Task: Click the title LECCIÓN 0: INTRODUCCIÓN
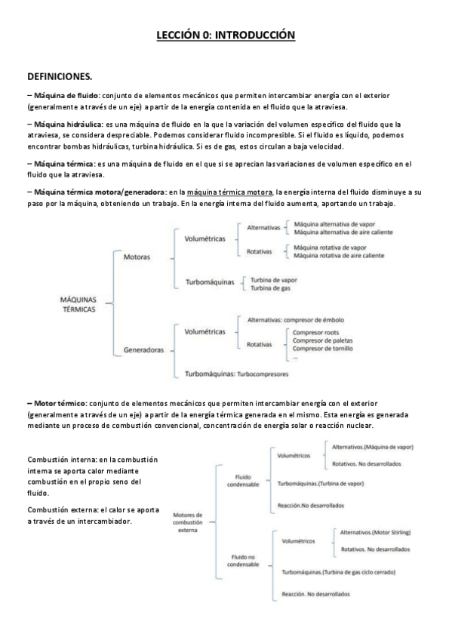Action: [226, 35]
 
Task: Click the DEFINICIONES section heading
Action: [60, 77]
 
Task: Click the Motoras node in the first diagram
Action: [137, 257]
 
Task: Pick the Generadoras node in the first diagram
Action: [143, 350]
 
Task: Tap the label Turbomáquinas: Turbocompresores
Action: [235, 373]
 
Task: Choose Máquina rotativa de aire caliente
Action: [338, 257]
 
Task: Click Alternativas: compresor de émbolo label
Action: [296, 320]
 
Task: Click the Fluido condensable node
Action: [243, 481]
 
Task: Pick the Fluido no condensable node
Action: [243, 561]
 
